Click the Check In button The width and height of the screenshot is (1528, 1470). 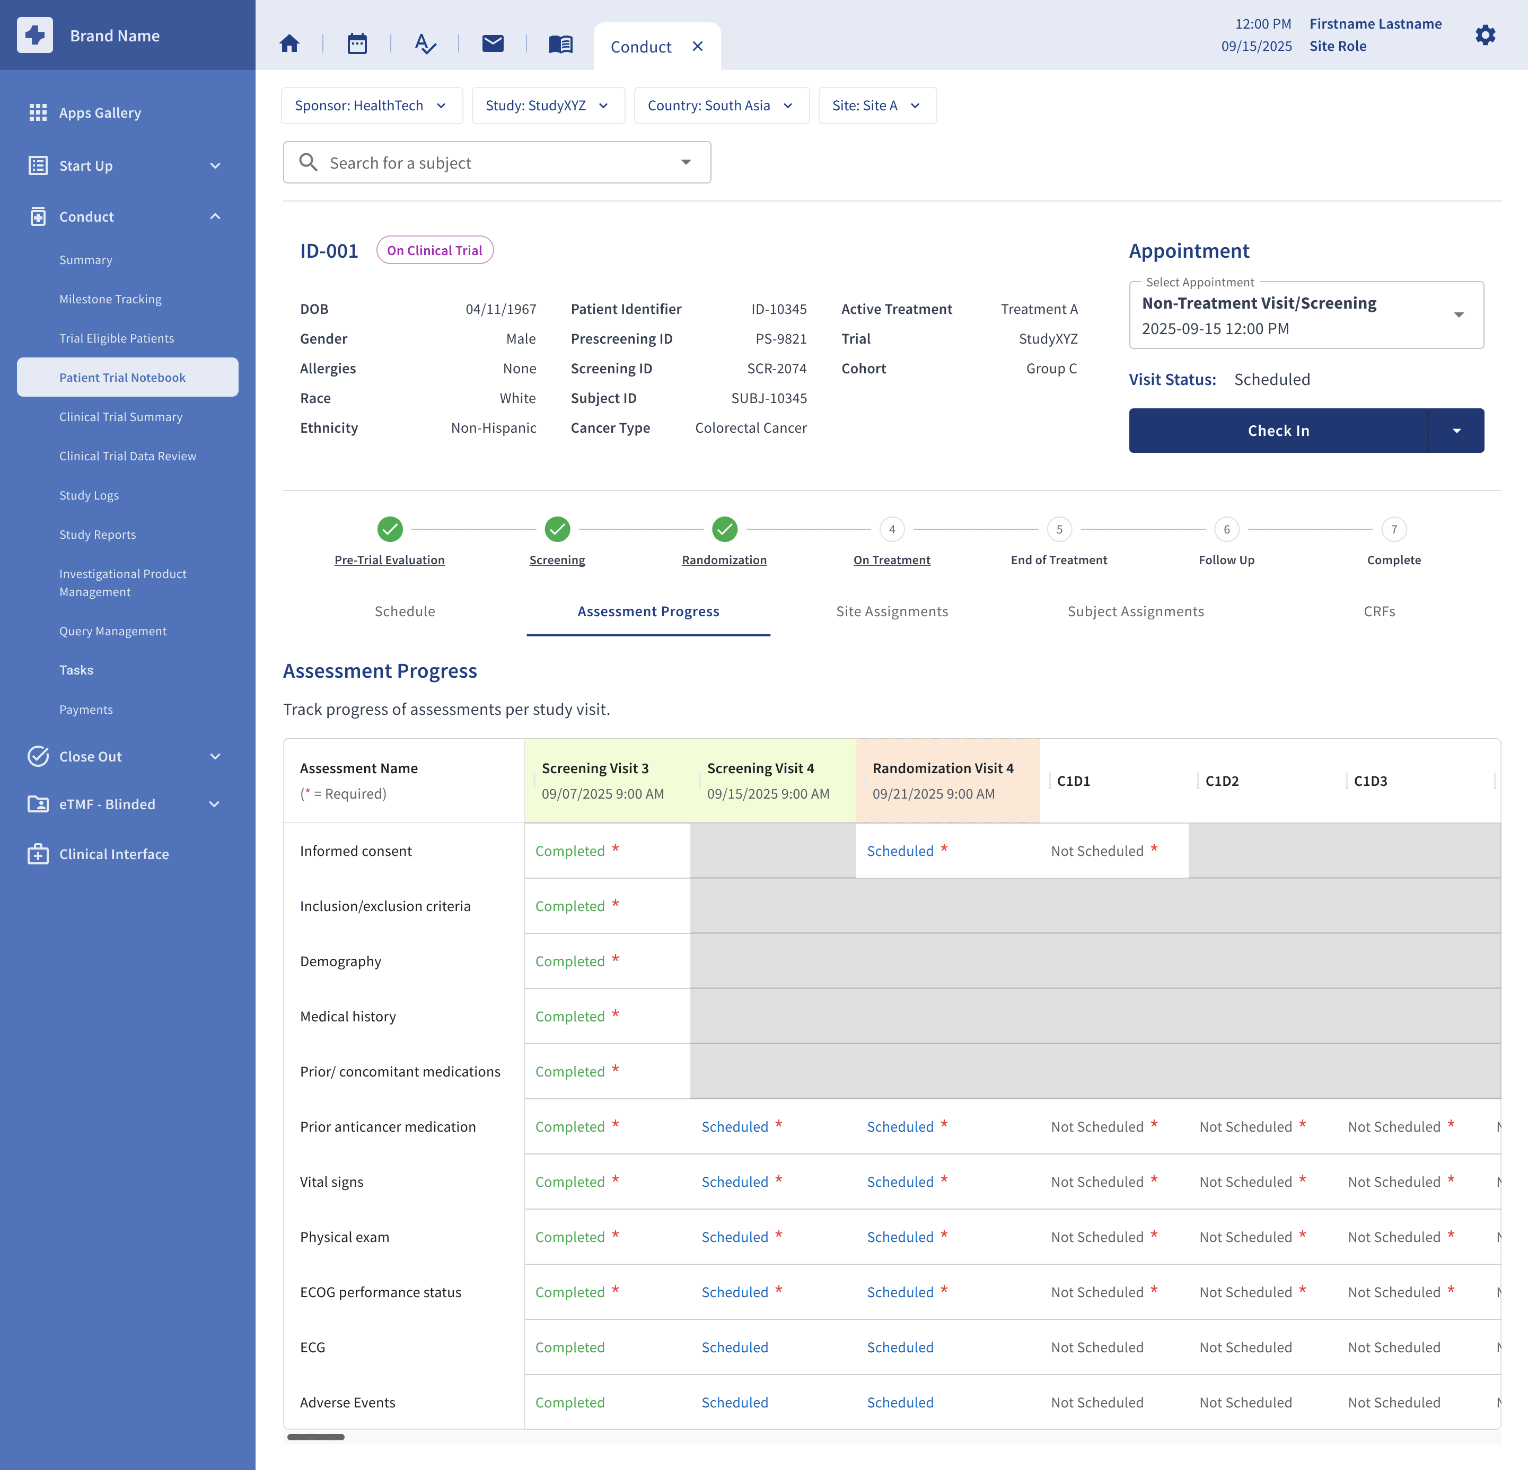1278,431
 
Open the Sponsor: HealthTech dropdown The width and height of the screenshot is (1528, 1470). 371,106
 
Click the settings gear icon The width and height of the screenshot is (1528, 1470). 1485,35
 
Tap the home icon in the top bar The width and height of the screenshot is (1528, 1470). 289,43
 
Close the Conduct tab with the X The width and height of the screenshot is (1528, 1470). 698,47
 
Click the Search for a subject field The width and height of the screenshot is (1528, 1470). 497,162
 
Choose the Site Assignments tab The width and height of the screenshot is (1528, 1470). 892,611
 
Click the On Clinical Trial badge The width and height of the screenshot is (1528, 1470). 435,250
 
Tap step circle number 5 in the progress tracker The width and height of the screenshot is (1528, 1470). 1059,530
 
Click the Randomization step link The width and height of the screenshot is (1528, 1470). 724,560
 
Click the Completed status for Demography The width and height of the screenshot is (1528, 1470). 570,961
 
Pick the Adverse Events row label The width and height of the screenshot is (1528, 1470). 348,1402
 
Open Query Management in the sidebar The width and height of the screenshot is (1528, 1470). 113,631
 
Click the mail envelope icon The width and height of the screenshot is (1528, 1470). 493,43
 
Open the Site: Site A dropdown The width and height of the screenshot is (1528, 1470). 877,106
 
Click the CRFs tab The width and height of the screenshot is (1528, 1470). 1379,611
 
